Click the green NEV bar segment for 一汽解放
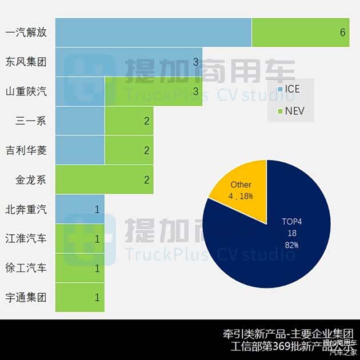(300, 32)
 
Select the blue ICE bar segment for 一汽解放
(153, 32)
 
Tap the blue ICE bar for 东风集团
(129, 62)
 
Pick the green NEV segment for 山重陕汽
(153, 91)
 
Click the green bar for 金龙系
(104, 180)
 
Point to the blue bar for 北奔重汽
(79, 209)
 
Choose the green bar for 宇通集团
(79, 297)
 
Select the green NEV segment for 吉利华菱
(129, 150)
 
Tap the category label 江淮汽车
(26, 238)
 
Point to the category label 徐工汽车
(26, 268)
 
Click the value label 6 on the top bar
(342, 33)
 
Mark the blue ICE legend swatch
(279, 90)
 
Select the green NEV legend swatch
(279, 111)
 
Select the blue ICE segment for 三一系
(79, 121)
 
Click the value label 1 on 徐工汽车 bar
(97, 268)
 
